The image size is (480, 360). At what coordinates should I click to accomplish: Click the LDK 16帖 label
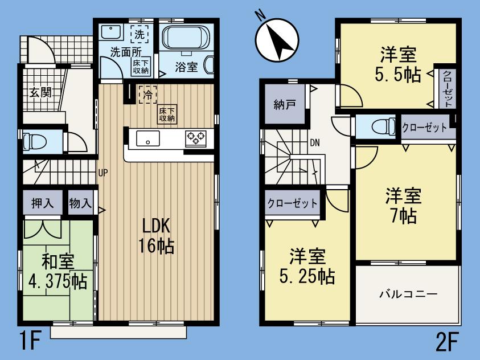point(154,236)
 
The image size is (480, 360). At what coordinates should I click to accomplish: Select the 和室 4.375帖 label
point(58,271)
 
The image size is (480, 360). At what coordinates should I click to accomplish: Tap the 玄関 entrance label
point(41,91)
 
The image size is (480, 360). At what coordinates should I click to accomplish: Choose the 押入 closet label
point(43,203)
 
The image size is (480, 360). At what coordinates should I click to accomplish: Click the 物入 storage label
point(80,203)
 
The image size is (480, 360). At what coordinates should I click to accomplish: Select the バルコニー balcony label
point(408,294)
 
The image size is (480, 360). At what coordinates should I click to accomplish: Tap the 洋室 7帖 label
point(403,206)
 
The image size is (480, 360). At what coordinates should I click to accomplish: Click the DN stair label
point(315,143)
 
